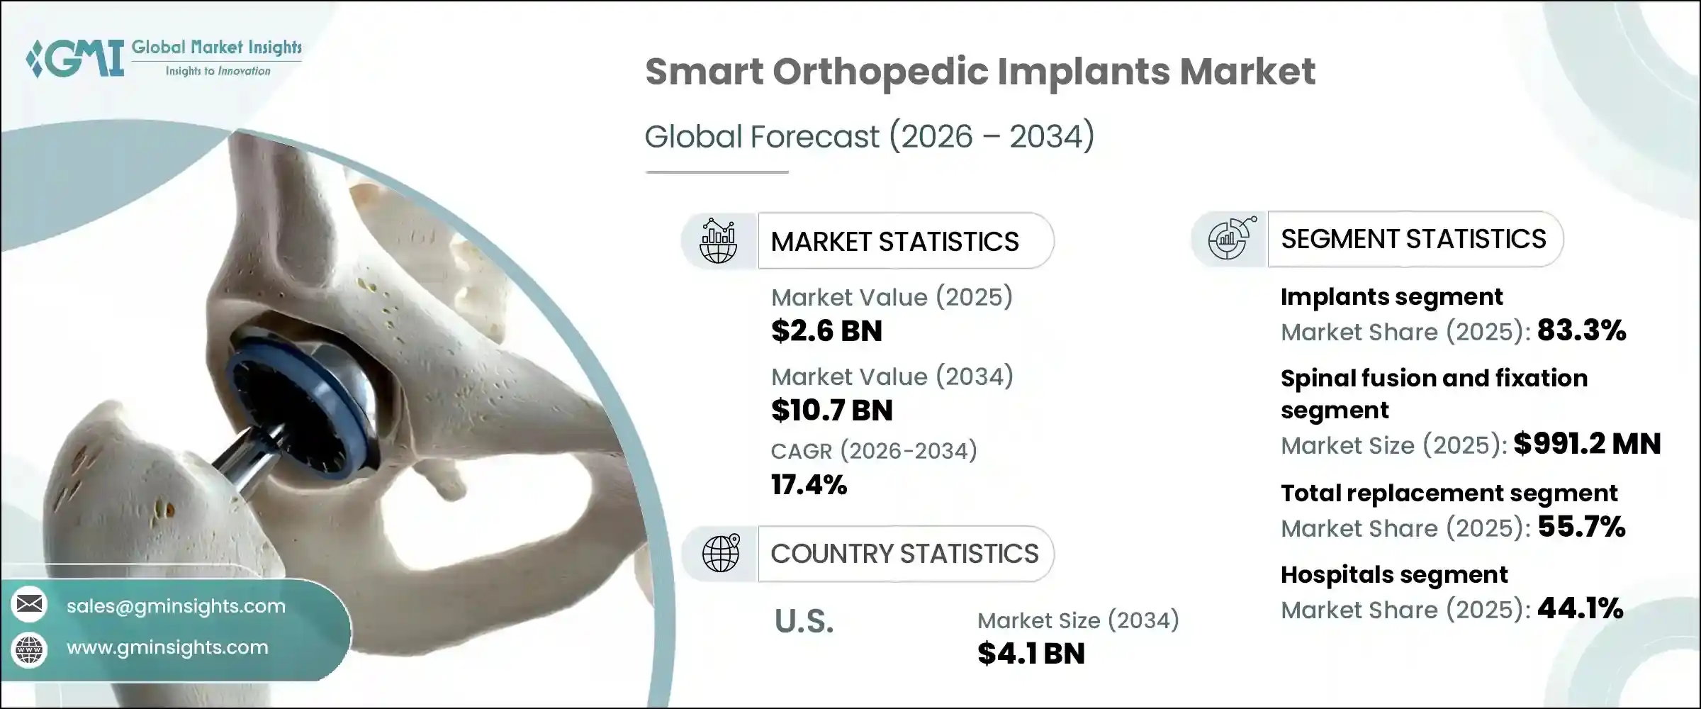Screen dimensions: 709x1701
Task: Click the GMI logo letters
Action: click(79, 58)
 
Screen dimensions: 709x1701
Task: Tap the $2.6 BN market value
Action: click(826, 331)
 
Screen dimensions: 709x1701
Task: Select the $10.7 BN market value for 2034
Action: click(831, 411)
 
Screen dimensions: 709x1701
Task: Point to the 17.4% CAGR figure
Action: click(809, 485)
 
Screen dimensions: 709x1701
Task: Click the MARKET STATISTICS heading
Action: click(894, 242)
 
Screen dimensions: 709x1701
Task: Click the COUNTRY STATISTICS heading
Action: click(904, 554)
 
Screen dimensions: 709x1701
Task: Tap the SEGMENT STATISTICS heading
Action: click(1413, 239)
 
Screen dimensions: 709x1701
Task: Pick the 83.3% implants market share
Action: click(1581, 330)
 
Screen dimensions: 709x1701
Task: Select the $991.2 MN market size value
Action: click(1587, 444)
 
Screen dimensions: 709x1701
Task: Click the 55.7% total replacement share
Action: click(1581, 527)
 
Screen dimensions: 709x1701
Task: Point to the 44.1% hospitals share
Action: click(1580, 608)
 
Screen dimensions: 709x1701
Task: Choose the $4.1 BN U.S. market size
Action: click(1031, 654)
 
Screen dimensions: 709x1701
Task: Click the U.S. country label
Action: click(804, 622)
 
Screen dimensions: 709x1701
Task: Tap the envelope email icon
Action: click(30, 604)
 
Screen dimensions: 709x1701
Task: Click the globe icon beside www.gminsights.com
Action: click(30, 649)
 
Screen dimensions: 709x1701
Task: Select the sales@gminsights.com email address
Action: click(176, 606)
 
